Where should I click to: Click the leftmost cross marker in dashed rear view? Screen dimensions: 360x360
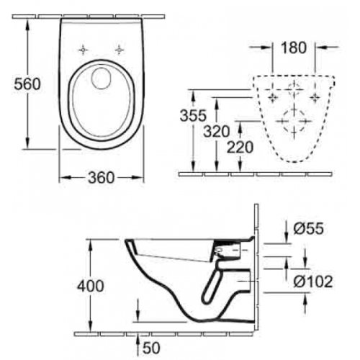pyautogui.click(x=272, y=95)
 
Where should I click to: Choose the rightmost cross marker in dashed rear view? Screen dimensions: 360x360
pyautogui.click(x=315, y=95)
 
